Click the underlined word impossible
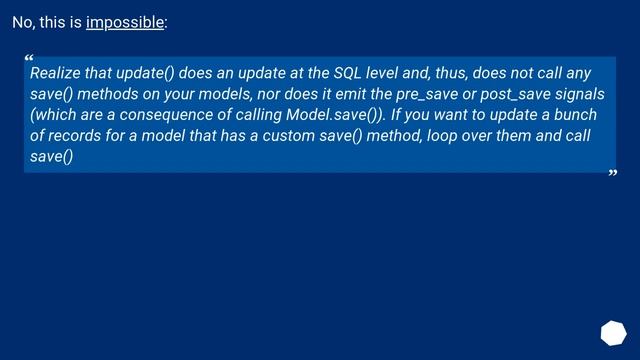point(124,22)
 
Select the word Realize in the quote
point(57,73)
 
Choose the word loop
point(443,136)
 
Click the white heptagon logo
point(613,333)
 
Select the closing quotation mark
point(612,176)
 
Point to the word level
point(396,73)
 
